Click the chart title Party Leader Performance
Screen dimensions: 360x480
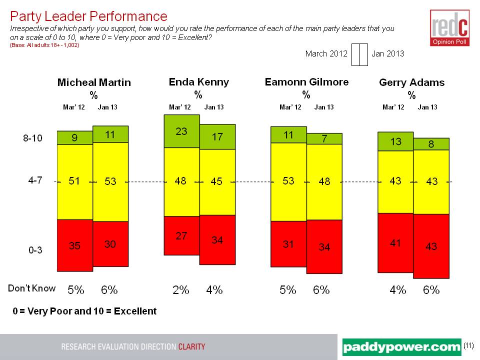(88, 17)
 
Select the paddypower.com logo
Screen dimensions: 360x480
(402, 346)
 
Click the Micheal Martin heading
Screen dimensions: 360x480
(94, 82)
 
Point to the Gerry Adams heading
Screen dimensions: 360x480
(411, 82)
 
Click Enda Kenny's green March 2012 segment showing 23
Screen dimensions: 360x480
(181, 131)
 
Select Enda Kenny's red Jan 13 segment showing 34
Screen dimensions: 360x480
(217, 239)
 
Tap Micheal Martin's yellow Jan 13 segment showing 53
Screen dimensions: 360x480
(110, 181)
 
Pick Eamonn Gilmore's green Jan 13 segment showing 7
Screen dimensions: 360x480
(324, 138)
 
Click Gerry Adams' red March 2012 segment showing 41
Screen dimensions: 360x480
(395, 242)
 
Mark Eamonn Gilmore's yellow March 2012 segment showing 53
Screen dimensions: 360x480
(288, 181)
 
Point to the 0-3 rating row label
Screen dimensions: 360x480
(34, 251)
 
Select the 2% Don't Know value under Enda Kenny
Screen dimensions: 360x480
(181, 289)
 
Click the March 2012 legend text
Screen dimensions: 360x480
(326, 53)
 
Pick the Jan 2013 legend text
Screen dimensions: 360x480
(387, 53)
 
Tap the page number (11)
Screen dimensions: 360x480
(468, 345)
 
